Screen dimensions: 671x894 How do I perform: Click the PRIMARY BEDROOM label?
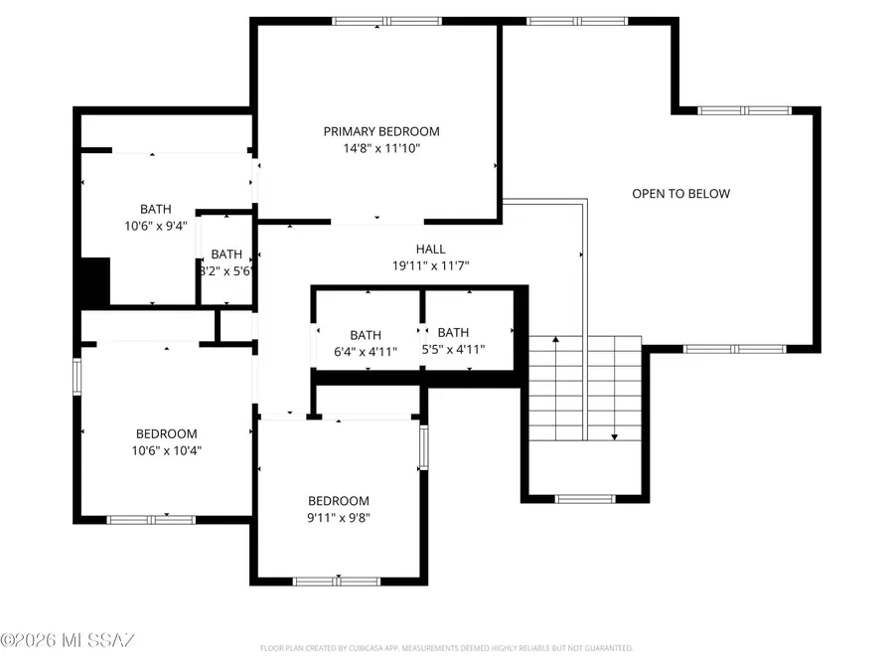(380, 131)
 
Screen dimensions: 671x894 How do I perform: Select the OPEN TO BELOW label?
(680, 194)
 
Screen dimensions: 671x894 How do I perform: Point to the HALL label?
(430, 250)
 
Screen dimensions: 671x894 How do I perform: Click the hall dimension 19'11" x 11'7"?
(430, 265)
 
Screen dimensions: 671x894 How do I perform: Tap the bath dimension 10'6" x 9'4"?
(155, 225)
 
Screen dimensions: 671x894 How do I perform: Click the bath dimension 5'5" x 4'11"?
(453, 349)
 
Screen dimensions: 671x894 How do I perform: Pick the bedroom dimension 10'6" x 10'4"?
(166, 450)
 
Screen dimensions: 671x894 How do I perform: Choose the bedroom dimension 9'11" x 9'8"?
(338, 517)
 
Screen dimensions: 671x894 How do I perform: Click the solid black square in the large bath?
(94, 282)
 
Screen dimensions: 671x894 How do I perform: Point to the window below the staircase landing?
(585, 498)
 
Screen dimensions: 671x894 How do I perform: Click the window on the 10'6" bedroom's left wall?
(76, 377)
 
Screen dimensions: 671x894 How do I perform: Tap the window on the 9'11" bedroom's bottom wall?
(323, 581)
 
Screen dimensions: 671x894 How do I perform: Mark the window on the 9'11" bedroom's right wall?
(423, 446)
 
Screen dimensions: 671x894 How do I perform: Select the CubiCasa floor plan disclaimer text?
(446, 648)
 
